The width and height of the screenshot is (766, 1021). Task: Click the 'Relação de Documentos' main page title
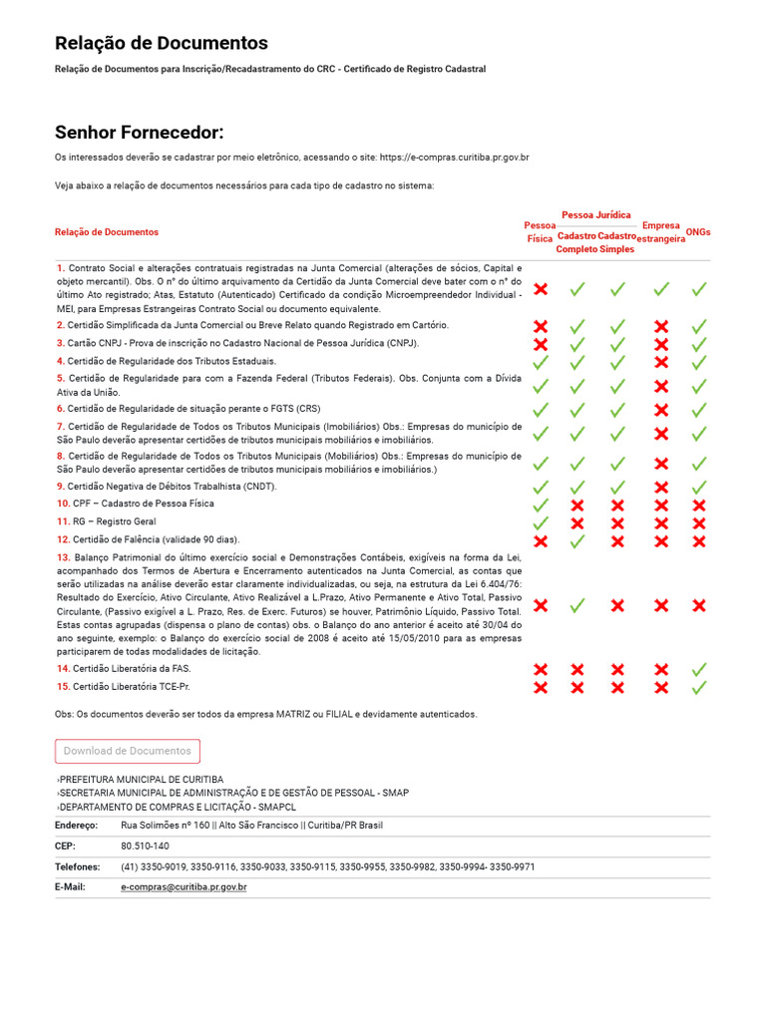pyautogui.click(x=161, y=43)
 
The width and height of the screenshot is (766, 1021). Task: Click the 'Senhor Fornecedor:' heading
pyautogui.click(x=139, y=133)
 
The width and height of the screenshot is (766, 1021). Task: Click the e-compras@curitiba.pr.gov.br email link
pyautogui.click(x=184, y=886)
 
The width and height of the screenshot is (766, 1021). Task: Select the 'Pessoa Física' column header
pyautogui.click(x=540, y=232)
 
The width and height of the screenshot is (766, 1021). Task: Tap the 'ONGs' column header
pyautogui.click(x=699, y=232)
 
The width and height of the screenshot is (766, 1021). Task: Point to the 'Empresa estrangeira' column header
pyautogui.click(x=661, y=232)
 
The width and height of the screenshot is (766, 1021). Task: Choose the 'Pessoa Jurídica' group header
pyautogui.click(x=596, y=214)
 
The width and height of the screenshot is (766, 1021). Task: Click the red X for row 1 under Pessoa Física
pyautogui.click(x=541, y=289)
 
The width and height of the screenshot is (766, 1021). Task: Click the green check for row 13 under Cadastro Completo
pyautogui.click(x=576, y=605)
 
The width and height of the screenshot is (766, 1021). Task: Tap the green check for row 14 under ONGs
pyautogui.click(x=699, y=670)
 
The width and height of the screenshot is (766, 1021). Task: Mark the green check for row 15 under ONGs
pyautogui.click(x=699, y=687)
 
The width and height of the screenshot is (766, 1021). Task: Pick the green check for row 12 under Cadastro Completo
pyautogui.click(x=576, y=540)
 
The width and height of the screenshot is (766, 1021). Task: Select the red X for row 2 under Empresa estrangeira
pyautogui.click(x=660, y=326)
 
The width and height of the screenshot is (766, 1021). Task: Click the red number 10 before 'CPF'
pyautogui.click(x=63, y=504)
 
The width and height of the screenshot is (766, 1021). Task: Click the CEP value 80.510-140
pyautogui.click(x=145, y=846)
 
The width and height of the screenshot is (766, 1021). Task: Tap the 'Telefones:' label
pyautogui.click(x=78, y=866)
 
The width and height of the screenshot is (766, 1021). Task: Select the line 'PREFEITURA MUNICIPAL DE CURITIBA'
pyautogui.click(x=142, y=779)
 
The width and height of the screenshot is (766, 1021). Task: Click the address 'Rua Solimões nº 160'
pyautogui.click(x=166, y=826)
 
